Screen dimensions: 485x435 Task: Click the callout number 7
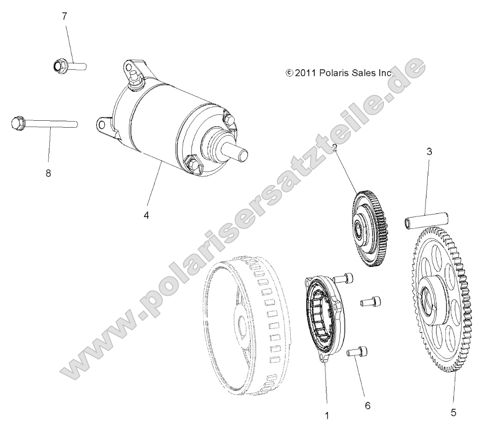tap(64, 17)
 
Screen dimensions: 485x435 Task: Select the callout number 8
tap(48, 174)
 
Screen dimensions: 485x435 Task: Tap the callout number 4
tap(146, 215)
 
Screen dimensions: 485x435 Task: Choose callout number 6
tap(367, 406)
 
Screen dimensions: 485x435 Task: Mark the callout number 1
tap(327, 415)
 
